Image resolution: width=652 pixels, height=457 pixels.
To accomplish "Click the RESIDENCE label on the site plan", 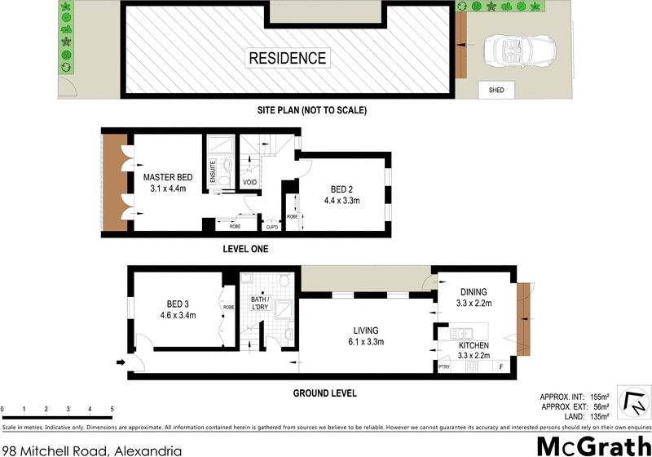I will click(x=288, y=58).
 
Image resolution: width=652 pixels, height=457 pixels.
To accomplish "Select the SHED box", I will click(x=496, y=91).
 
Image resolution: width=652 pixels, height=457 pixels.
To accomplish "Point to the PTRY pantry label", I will click(x=444, y=368).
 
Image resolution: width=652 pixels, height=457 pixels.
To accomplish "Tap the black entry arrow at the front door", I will click(x=122, y=363).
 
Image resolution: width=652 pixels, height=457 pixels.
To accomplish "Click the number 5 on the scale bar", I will click(x=112, y=408).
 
